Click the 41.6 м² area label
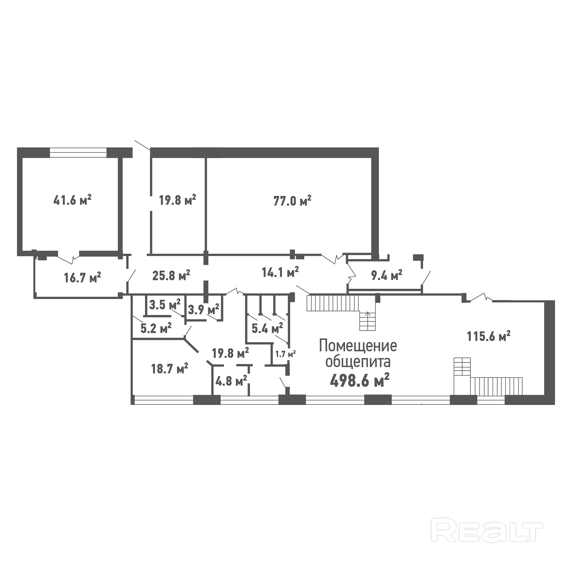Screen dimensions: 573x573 (73, 200)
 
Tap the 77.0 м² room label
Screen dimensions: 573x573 (292, 201)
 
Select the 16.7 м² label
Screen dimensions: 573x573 (82, 278)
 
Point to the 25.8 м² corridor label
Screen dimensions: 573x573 (171, 275)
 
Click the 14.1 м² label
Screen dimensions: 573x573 (280, 272)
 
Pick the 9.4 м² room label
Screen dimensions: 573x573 (387, 275)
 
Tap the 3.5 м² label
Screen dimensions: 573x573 (165, 305)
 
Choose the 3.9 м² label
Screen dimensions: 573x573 (203, 309)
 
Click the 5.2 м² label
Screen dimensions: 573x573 (156, 328)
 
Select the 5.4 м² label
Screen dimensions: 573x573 (267, 328)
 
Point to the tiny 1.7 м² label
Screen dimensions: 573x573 (286, 354)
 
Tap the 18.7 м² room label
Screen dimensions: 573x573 (170, 369)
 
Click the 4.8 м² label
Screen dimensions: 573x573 (231, 381)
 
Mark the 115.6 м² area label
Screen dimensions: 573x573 (489, 336)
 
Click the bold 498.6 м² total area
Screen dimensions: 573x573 (360, 380)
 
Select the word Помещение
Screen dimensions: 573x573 (358, 346)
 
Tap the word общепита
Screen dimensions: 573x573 (358, 362)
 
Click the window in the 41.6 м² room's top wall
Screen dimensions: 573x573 (78, 152)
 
